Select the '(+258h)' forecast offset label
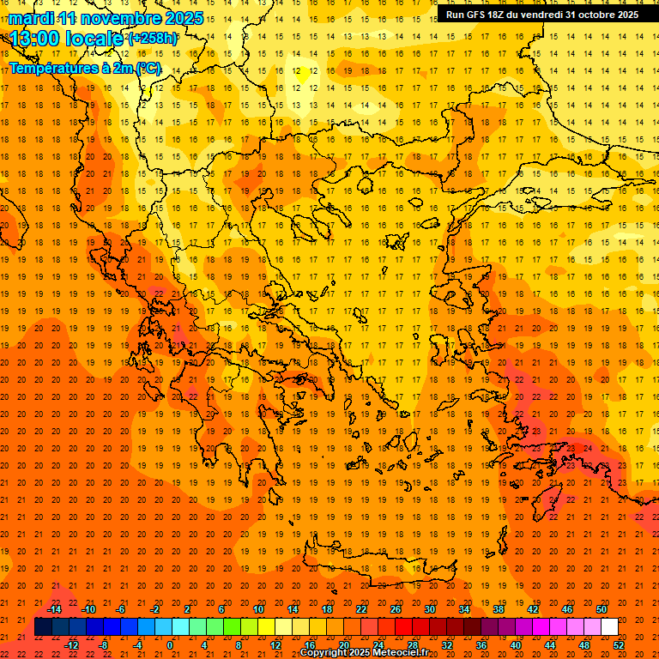tap(153, 39)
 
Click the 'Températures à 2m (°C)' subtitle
tap(84, 68)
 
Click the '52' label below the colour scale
tap(619, 645)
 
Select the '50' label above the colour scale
tap(602, 609)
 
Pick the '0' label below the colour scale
tap(171, 645)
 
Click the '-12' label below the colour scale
tap(70, 645)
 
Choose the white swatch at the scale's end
tap(609, 627)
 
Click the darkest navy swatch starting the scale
tap(43, 627)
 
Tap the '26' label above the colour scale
tap(396, 609)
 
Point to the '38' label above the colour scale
tap(499, 609)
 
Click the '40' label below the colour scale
tap(516, 645)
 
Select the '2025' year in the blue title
tap(183, 18)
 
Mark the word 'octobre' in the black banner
tap(597, 15)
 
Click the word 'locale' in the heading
tap(95, 39)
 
